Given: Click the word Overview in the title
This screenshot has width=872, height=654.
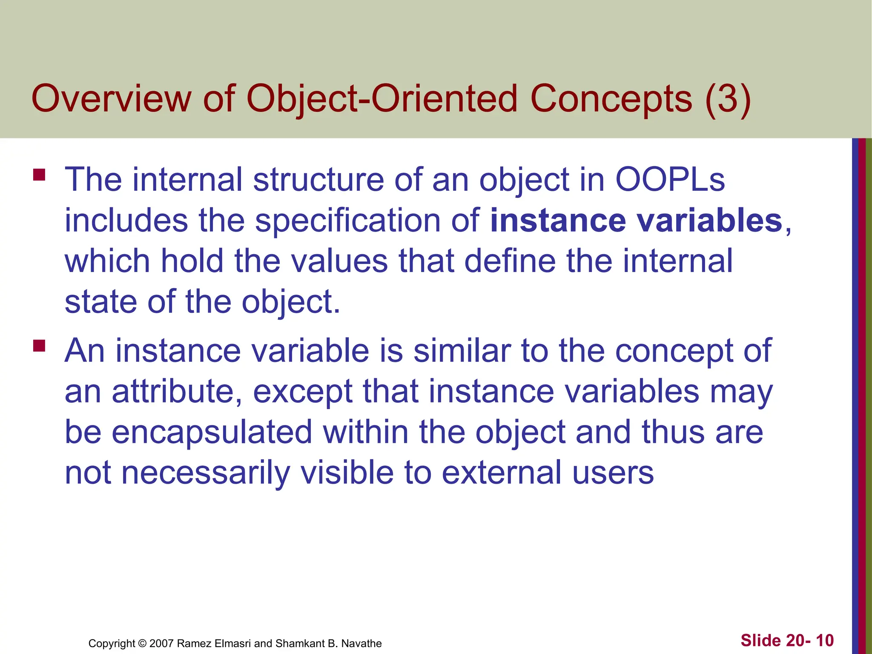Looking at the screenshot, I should [112, 99].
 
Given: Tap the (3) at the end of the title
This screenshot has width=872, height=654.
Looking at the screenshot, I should [728, 99].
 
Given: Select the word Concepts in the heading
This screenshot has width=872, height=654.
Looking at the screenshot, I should [611, 99].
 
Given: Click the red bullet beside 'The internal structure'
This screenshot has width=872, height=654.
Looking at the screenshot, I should [39, 175].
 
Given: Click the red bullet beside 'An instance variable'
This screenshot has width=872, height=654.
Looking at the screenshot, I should [39, 345].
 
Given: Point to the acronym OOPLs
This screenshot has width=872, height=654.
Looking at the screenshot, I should [670, 179].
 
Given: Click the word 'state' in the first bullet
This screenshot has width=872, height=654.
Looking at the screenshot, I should [100, 301].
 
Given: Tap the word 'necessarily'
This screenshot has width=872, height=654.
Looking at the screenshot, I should [206, 473].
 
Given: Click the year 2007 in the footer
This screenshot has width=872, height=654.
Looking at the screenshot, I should [162, 643].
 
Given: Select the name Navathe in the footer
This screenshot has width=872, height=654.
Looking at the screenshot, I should [361, 643].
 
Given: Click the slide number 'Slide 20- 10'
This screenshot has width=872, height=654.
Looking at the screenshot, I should [787, 640].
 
